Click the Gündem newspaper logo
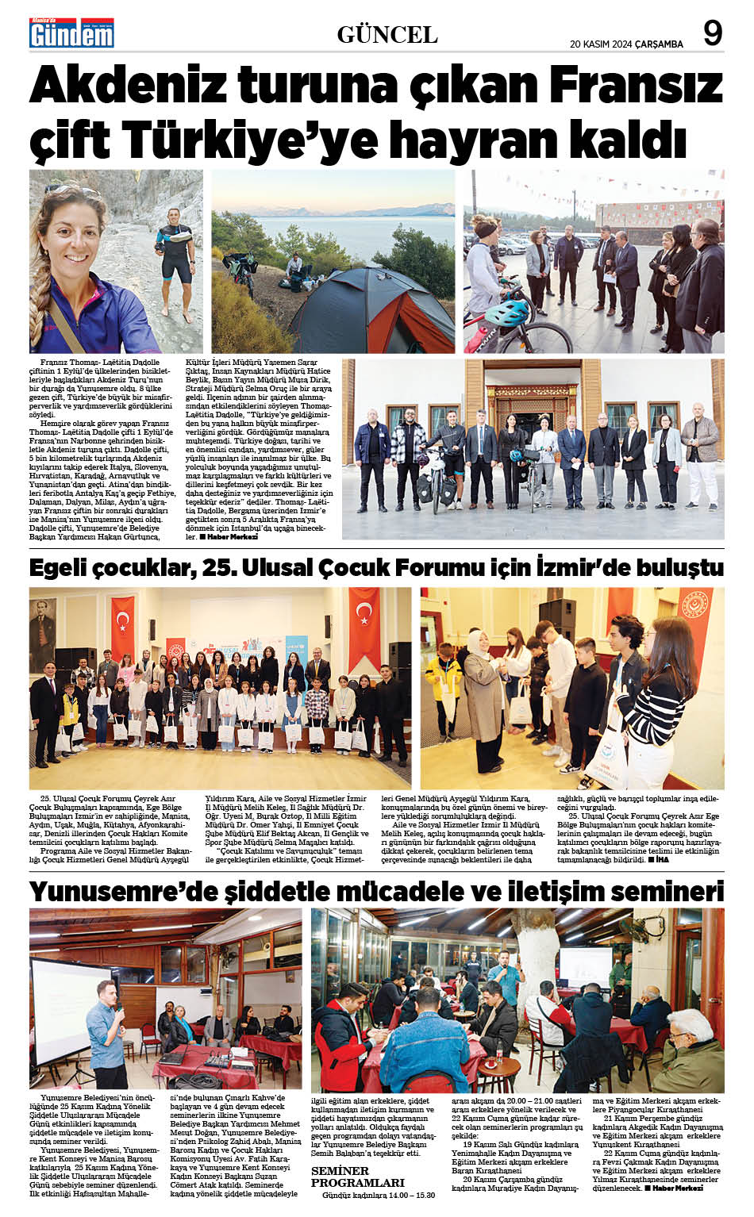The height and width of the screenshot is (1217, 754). tap(71, 33)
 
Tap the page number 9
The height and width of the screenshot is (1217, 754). tap(712, 33)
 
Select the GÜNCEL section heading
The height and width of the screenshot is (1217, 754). tap(387, 35)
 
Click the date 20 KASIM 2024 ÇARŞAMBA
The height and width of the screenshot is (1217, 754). tap(626, 44)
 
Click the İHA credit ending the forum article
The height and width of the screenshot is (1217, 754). tap(662, 859)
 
